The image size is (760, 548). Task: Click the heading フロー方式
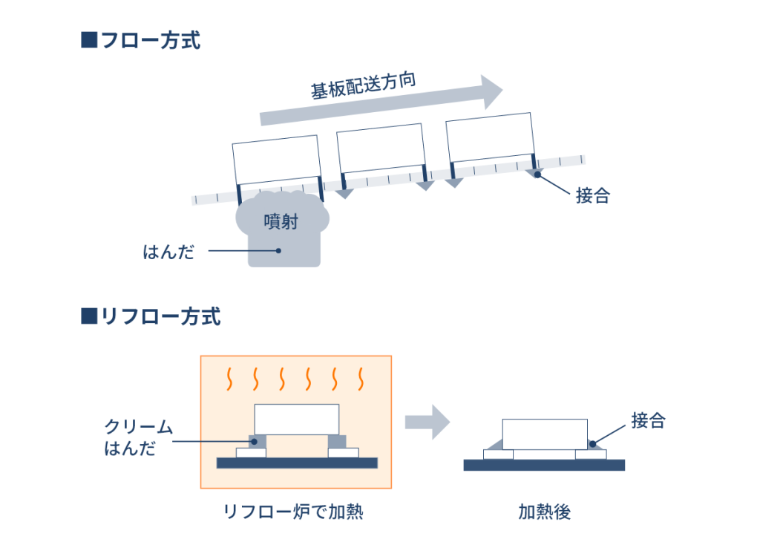click(x=151, y=40)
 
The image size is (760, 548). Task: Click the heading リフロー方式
click(x=161, y=316)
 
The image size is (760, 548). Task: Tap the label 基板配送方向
click(x=364, y=85)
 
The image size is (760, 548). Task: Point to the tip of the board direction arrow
click(x=502, y=89)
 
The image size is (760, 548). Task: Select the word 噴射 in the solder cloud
click(x=281, y=221)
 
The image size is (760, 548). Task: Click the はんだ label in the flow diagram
click(x=168, y=252)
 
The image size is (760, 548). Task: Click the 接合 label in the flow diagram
click(x=593, y=195)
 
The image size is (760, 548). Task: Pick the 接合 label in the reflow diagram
click(x=648, y=420)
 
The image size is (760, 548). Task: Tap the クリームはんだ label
click(x=138, y=437)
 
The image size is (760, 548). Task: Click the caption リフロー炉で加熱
click(x=293, y=512)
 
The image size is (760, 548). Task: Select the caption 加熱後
click(x=544, y=512)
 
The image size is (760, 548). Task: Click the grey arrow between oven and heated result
click(x=427, y=422)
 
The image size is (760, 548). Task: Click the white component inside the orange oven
click(x=297, y=420)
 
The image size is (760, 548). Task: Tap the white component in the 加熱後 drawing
click(x=545, y=434)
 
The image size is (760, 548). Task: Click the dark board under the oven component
click(x=297, y=463)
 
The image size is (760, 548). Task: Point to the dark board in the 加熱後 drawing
click(x=544, y=465)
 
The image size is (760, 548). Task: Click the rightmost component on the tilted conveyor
click(x=490, y=137)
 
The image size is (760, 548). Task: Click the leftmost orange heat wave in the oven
click(x=230, y=379)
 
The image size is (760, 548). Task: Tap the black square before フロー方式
click(x=89, y=40)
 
